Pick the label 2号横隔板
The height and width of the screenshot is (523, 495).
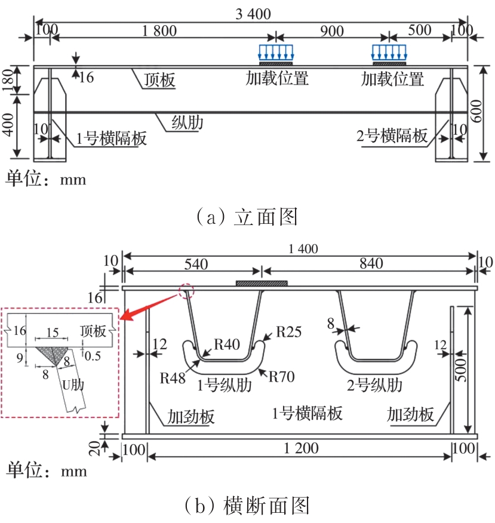click(x=392, y=136)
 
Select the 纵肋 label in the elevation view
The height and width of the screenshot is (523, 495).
click(x=187, y=123)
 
